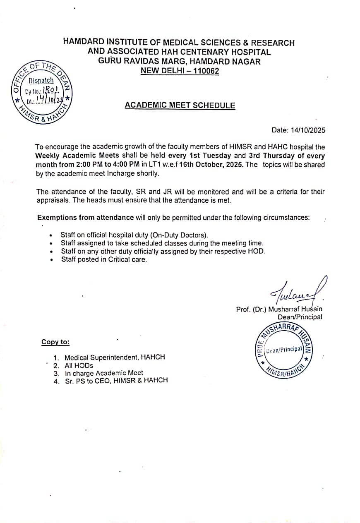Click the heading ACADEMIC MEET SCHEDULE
pyautogui.click(x=180, y=105)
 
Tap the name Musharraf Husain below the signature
pyautogui.click(x=295, y=309)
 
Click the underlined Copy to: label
pyautogui.click(x=55, y=342)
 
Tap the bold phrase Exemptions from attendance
pyautogui.click(x=85, y=217)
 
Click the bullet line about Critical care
pyautogui.click(x=104, y=259)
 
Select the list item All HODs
pyautogui.click(x=79, y=365)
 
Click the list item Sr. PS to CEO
pyautogui.click(x=116, y=380)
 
